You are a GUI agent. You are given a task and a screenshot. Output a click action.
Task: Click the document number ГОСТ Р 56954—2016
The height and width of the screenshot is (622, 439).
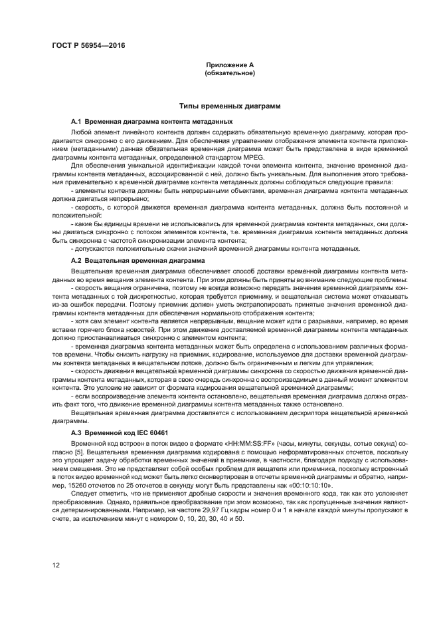[88, 45]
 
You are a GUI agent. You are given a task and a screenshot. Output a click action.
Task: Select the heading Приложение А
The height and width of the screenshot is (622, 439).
[230, 65]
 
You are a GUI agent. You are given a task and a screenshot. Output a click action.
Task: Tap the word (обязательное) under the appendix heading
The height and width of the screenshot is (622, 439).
[230, 73]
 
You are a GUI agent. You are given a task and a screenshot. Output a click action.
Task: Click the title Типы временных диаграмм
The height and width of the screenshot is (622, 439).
[230, 106]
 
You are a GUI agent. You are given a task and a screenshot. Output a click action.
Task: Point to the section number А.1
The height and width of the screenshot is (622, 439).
[76, 122]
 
